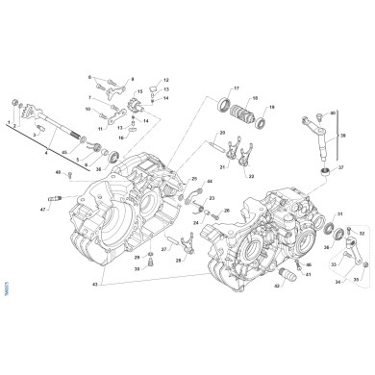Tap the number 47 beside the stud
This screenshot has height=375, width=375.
tap(43, 209)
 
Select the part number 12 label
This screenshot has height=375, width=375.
tap(165, 81)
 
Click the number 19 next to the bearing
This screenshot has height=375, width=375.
tap(273, 108)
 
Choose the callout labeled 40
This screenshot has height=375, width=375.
tap(333, 113)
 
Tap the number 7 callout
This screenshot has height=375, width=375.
tap(88, 97)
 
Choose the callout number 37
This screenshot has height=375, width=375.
tap(340, 166)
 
